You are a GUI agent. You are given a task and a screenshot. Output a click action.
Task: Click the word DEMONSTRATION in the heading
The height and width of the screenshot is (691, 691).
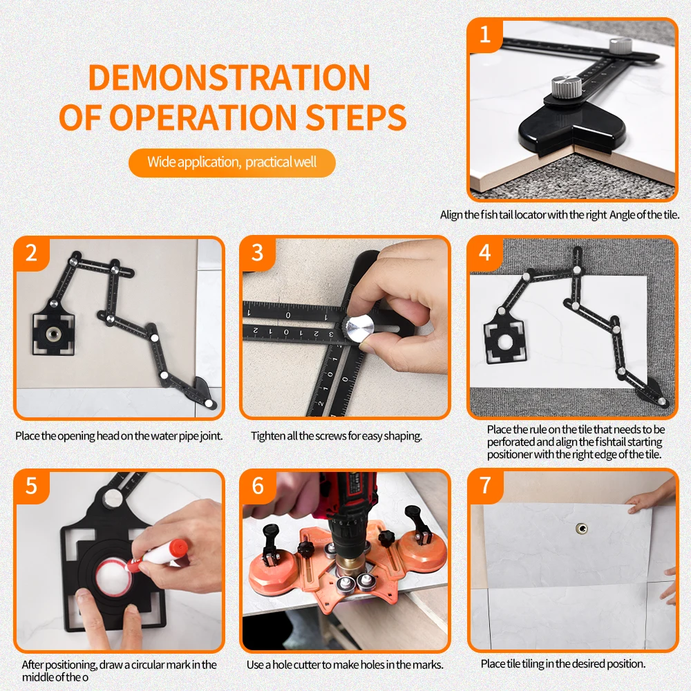(229, 77)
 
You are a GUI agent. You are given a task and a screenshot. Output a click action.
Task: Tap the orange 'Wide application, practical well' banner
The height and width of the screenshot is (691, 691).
(231, 162)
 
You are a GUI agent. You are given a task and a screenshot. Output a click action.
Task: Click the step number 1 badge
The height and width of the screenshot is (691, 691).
(485, 35)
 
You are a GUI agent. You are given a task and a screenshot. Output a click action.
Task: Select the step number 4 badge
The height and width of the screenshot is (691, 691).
(485, 252)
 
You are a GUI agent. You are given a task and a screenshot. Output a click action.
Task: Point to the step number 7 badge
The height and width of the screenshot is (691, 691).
(485, 485)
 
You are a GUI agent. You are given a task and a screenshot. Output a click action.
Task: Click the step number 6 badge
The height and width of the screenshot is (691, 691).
(258, 486)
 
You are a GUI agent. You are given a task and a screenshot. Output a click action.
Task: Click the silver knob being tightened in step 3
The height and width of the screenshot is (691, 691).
(358, 328)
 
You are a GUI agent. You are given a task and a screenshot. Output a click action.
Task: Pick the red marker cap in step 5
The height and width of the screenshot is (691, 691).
(178, 548)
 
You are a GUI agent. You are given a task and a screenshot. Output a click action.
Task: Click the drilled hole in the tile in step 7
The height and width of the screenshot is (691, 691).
(582, 529)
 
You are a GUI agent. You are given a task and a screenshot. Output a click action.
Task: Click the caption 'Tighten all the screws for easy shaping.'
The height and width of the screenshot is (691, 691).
(337, 436)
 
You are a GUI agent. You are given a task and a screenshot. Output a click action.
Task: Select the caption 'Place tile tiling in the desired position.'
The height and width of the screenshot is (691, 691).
(563, 663)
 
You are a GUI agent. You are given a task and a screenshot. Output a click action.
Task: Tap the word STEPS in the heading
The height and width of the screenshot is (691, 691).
(356, 117)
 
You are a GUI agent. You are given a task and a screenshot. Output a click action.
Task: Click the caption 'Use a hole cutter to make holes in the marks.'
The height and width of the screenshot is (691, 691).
(345, 665)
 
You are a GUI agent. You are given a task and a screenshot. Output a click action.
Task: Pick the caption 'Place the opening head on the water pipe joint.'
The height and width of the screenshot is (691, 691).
(119, 436)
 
